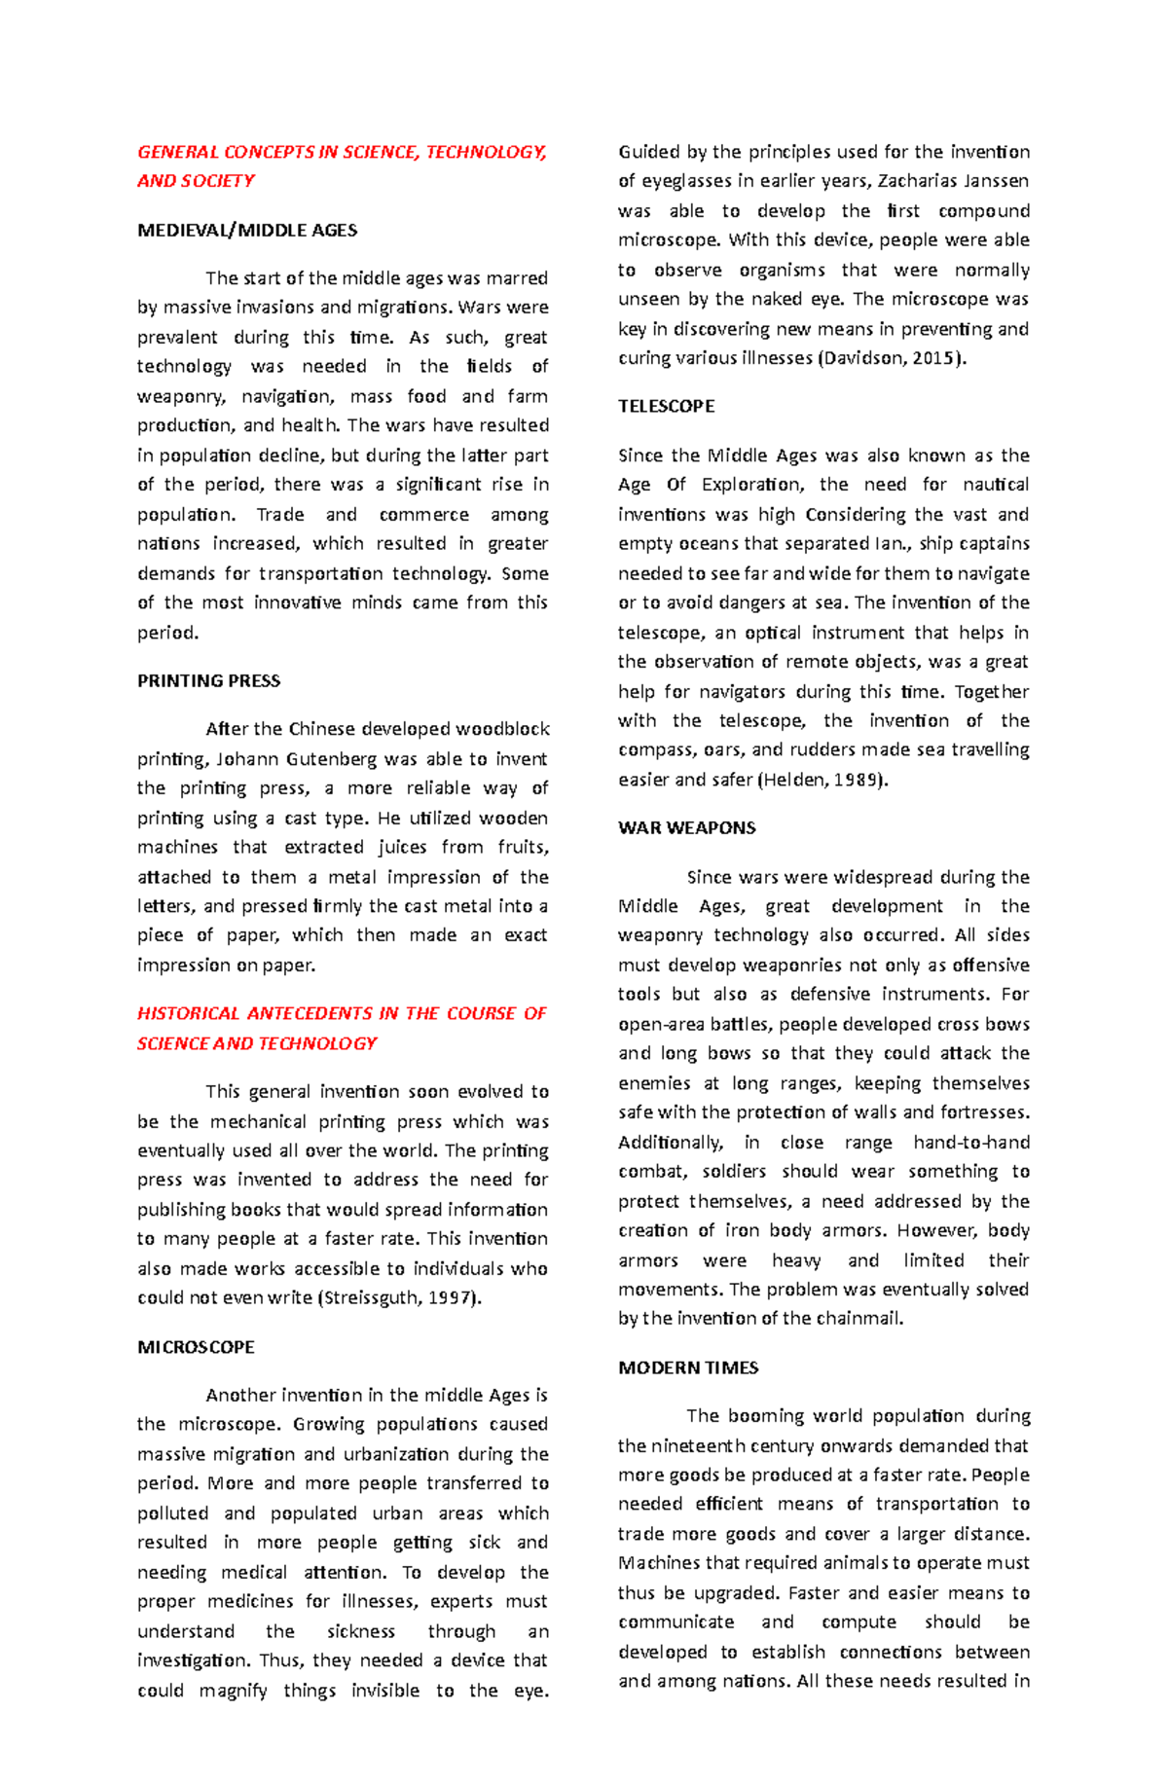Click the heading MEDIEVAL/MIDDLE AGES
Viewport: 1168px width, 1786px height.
[x=247, y=231]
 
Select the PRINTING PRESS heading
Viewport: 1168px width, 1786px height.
[x=208, y=681]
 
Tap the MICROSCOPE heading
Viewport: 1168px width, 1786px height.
[x=196, y=1347]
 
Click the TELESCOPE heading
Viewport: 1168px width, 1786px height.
[x=666, y=407]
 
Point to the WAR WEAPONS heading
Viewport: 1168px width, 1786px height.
[x=686, y=828]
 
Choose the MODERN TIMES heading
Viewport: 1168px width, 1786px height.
[x=688, y=1367]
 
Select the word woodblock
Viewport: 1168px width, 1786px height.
[x=502, y=729]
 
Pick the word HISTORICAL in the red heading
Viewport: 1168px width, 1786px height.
[x=188, y=1013]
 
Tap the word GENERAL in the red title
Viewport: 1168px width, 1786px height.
[x=177, y=152]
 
